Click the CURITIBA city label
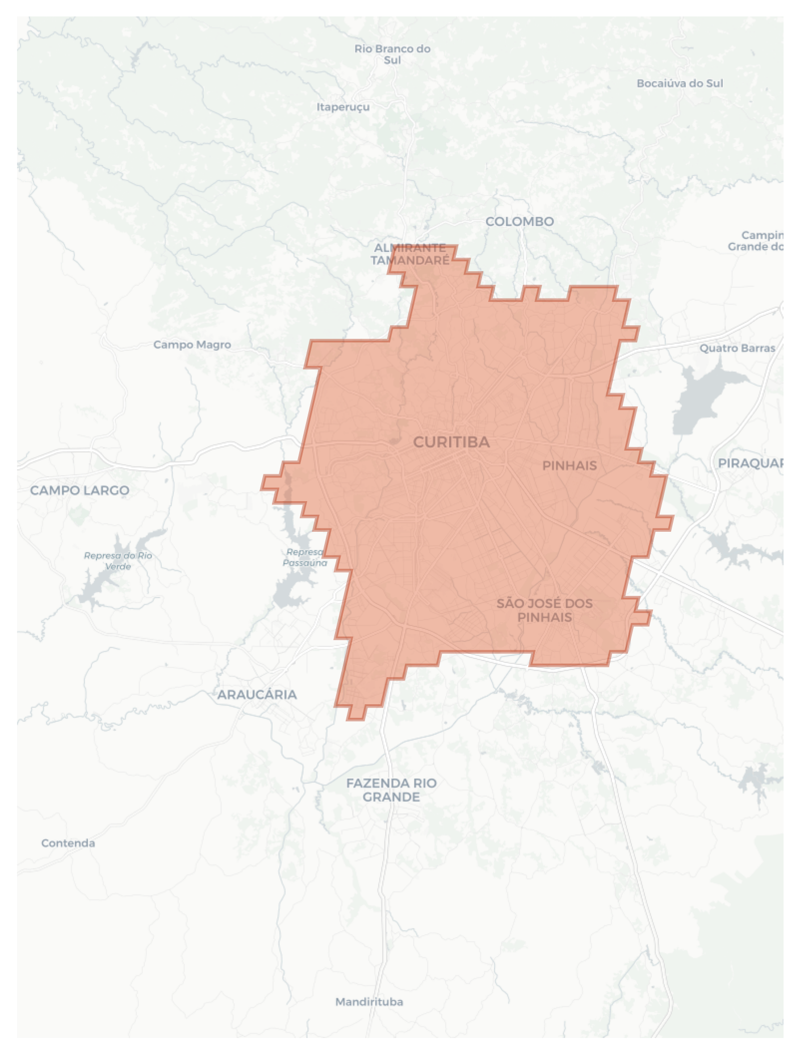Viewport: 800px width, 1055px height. pyautogui.click(x=451, y=442)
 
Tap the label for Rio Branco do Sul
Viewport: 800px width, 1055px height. pyautogui.click(x=392, y=54)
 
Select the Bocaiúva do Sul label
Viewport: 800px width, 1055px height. pyautogui.click(x=680, y=83)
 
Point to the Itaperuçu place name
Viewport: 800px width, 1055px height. pyautogui.click(x=343, y=107)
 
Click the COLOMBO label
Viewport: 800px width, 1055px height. pyautogui.click(x=520, y=221)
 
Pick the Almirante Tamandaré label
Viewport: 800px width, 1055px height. pyautogui.click(x=410, y=254)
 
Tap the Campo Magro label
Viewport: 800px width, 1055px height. pyautogui.click(x=192, y=344)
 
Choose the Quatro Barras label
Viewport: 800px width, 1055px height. pyautogui.click(x=737, y=348)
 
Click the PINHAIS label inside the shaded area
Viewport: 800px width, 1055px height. pyautogui.click(x=569, y=466)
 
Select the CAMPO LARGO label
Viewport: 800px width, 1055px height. pyautogui.click(x=79, y=490)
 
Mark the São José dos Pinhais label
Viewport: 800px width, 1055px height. pyautogui.click(x=544, y=610)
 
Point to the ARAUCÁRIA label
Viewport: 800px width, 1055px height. pyautogui.click(x=257, y=695)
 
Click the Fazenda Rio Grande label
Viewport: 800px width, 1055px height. pyautogui.click(x=391, y=790)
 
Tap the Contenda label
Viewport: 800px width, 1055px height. pyautogui.click(x=68, y=843)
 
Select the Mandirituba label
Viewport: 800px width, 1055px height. pyautogui.click(x=369, y=1002)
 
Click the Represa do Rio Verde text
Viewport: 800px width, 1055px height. pyautogui.click(x=118, y=561)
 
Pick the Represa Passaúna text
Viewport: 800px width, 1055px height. pyautogui.click(x=305, y=557)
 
